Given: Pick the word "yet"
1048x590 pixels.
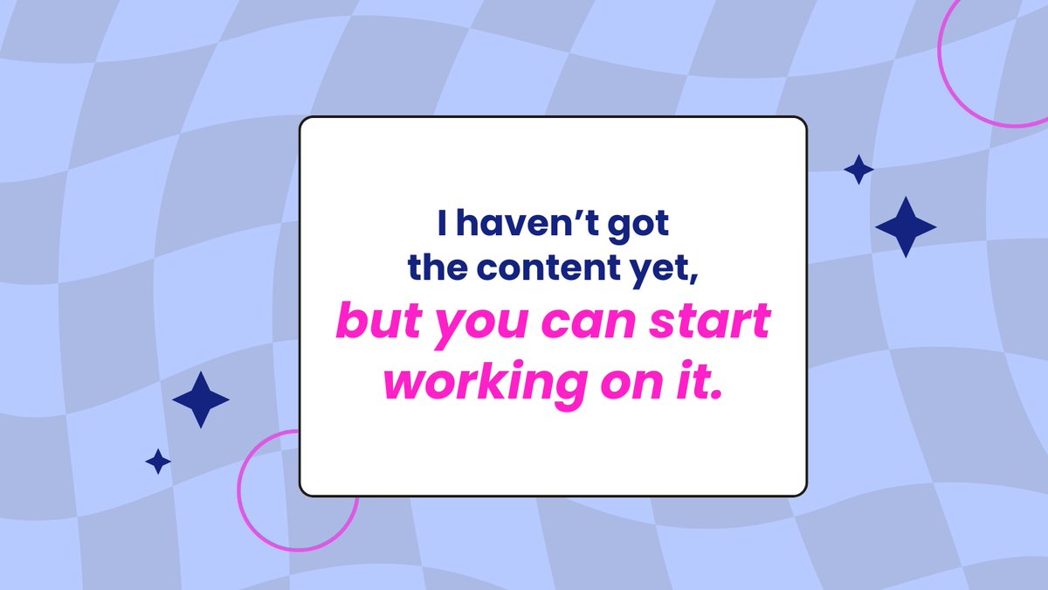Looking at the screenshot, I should pyautogui.click(x=666, y=270).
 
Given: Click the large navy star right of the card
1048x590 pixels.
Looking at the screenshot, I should pyautogui.click(x=906, y=226).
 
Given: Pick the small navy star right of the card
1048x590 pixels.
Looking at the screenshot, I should pyautogui.click(x=858, y=170).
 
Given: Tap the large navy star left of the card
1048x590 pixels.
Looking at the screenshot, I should pyautogui.click(x=201, y=399).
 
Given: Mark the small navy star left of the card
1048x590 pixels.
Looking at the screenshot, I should pyautogui.click(x=158, y=461).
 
